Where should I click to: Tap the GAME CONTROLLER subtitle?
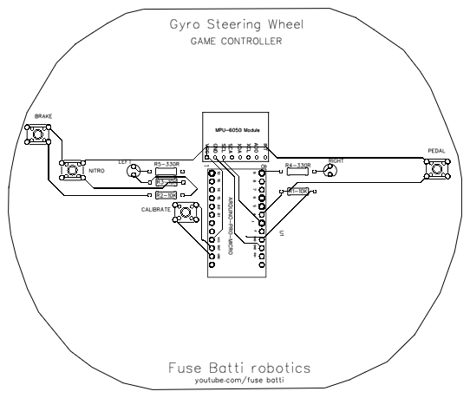[x=235, y=41]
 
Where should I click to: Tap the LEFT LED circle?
[x=135, y=169]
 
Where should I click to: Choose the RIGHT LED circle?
[x=329, y=170]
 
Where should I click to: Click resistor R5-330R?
[x=166, y=170]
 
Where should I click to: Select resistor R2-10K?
[x=166, y=196]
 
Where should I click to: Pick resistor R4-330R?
[x=297, y=170]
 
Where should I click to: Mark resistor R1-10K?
[x=297, y=192]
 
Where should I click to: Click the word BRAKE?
[x=43, y=116]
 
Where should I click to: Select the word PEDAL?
[x=437, y=148]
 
